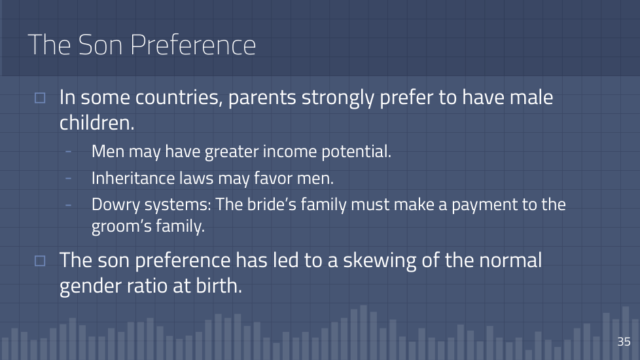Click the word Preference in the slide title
(193, 45)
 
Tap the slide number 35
(624, 341)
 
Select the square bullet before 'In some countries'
(40, 98)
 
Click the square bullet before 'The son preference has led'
(40, 261)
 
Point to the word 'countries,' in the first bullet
(179, 98)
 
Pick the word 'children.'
(97, 122)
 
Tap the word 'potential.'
(357, 152)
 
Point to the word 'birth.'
(219, 285)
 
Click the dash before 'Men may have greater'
(68, 151)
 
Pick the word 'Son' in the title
(100, 45)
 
